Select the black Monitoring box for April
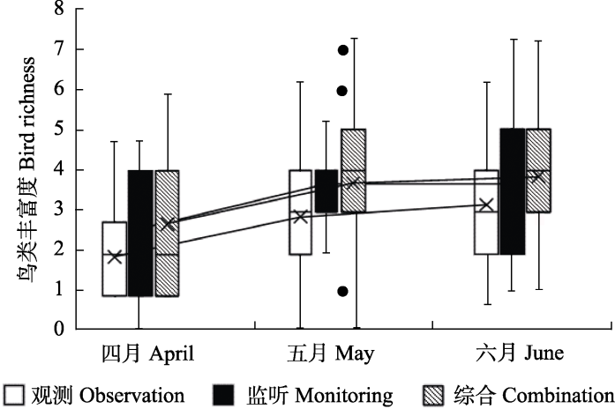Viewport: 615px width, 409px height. [x=140, y=233]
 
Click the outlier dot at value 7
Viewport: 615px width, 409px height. [x=343, y=49]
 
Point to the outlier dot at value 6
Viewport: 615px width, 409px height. [x=343, y=90]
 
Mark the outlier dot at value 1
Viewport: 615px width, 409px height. [x=343, y=291]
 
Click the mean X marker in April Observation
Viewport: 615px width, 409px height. [x=114, y=257]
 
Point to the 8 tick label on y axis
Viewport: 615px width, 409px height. [x=59, y=9]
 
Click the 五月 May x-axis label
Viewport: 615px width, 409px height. [x=331, y=353]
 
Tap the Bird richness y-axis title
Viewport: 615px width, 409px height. [x=27, y=167]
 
